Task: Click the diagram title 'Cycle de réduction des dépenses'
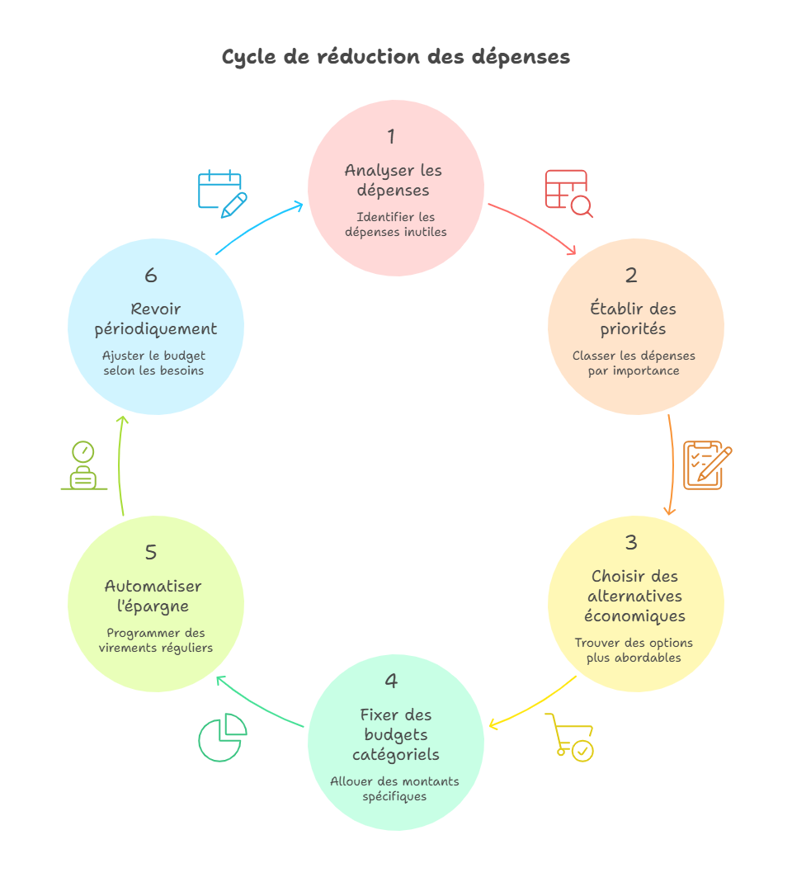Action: [x=395, y=57]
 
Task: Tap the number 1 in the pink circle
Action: [x=391, y=136]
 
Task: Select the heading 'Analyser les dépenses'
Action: [x=394, y=180]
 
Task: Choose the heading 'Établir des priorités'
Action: [x=633, y=318]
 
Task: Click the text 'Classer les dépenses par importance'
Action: [x=634, y=363]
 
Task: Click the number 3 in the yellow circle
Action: [x=631, y=542]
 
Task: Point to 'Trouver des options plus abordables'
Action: [x=634, y=650]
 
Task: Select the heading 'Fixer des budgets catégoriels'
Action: [x=396, y=734]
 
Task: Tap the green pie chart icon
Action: [x=222, y=738]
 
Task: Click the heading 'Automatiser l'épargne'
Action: [x=153, y=596]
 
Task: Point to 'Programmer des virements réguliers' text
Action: [x=156, y=640]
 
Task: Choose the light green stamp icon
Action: [x=83, y=466]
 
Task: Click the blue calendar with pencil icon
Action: [x=222, y=193]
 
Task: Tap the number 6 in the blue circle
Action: [x=151, y=275]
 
